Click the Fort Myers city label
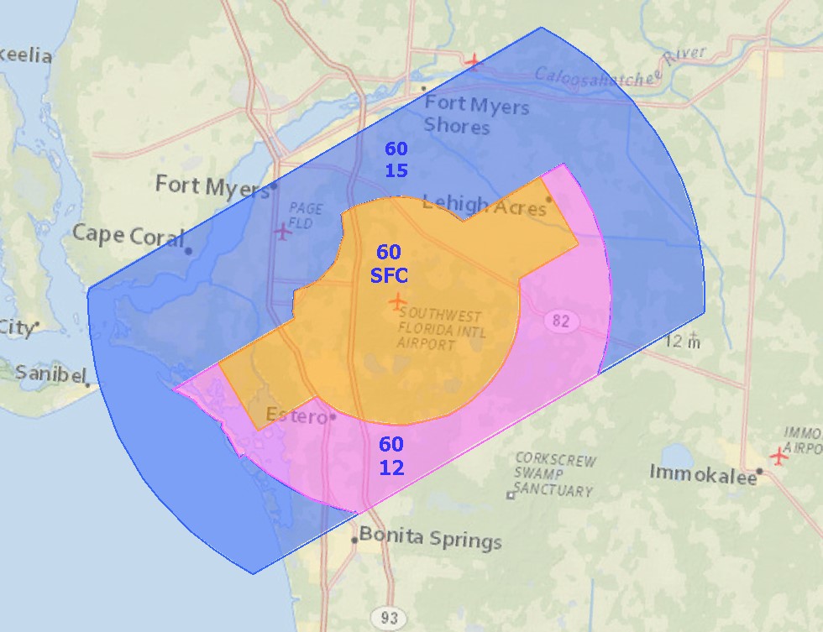(x=212, y=185)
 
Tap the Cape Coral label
(x=128, y=235)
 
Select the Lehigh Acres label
(x=484, y=204)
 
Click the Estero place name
(x=296, y=415)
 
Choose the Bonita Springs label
(x=431, y=538)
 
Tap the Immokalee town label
(x=701, y=473)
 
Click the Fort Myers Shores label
(x=475, y=116)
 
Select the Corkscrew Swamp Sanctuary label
(x=555, y=475)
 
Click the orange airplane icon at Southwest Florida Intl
(x=397, y=300)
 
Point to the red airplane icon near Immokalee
(x=780, y=457)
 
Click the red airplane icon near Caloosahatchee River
(x=474, y=60)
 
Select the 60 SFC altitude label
(x=389, y=264)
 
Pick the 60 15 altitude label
(x=396, y=159)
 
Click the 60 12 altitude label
(x=391, y=456)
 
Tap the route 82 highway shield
(x=560, y=320)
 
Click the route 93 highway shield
(x=389, y=618)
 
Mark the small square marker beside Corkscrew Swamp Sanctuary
(x=510, y=495)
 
